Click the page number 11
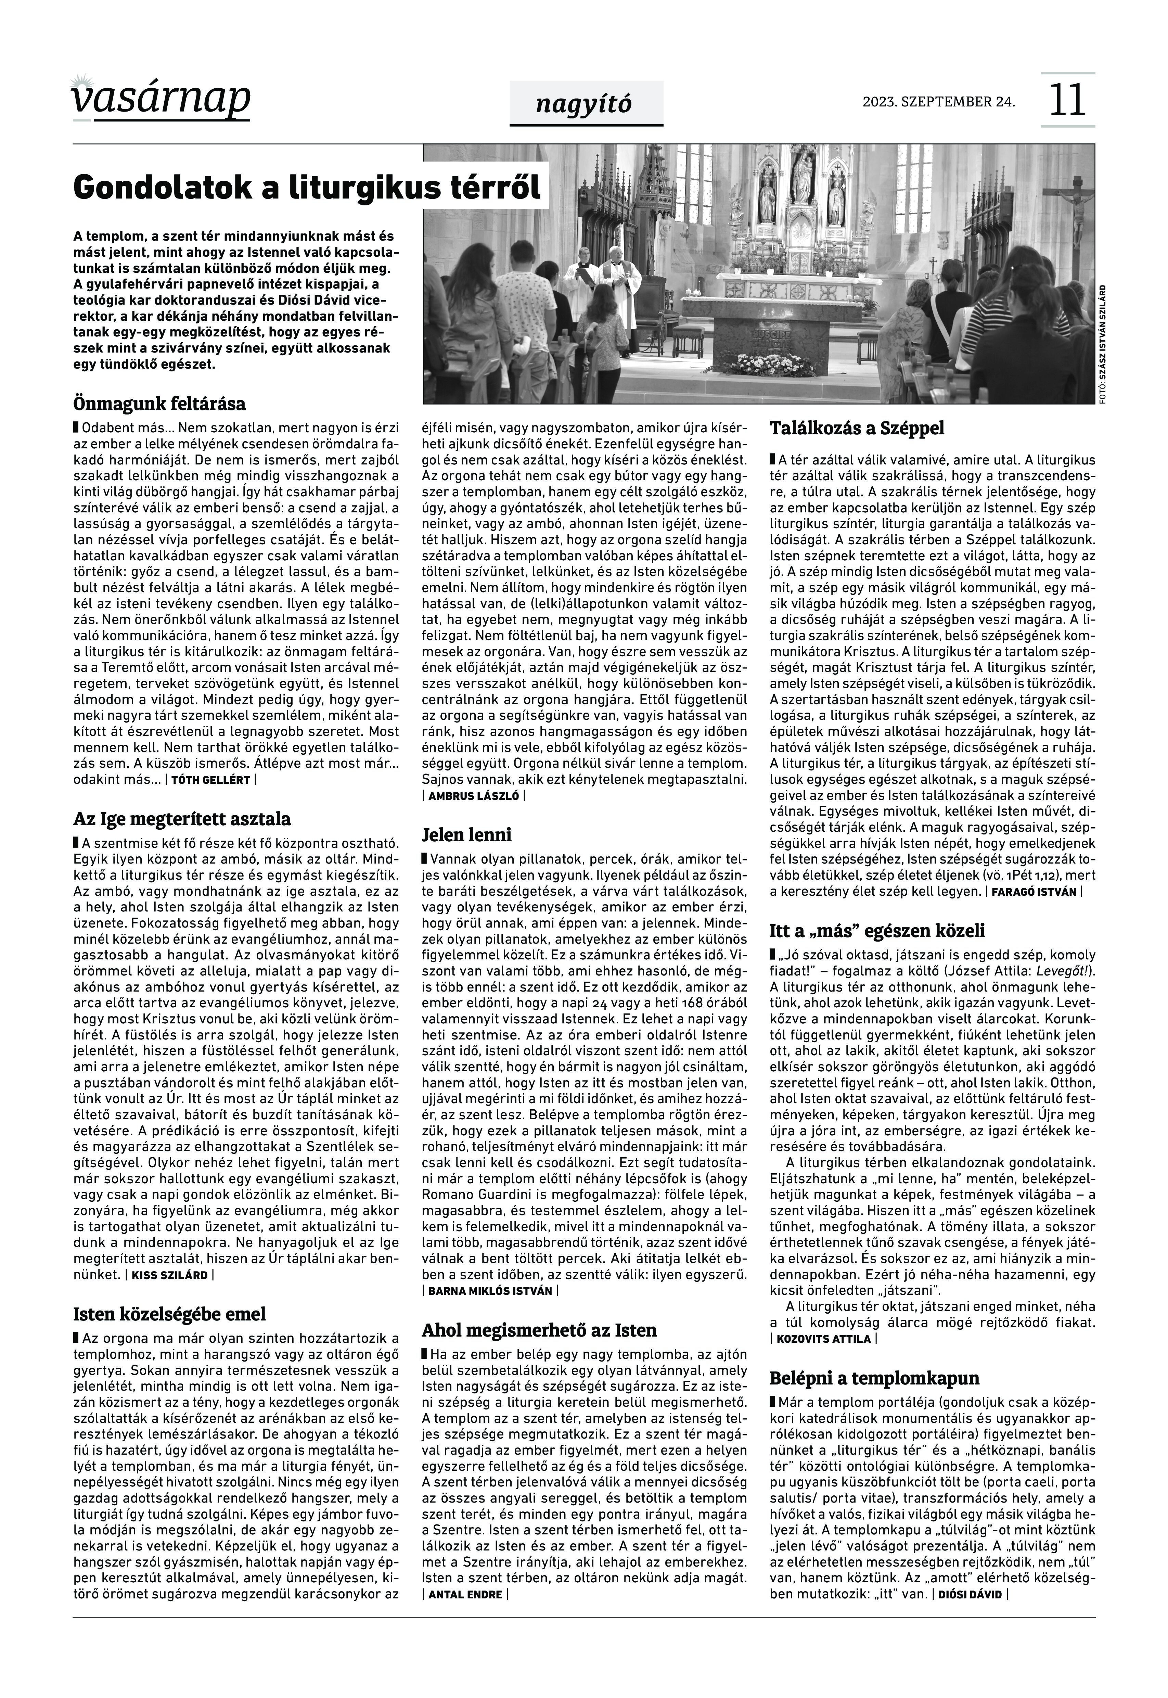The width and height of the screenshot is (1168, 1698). tap(1067, 100)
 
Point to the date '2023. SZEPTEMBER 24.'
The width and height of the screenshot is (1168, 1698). tap(939, 102)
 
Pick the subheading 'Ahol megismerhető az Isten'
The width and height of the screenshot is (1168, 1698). tap(539, 1330)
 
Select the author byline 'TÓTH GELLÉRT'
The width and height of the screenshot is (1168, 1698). tap(211, 780)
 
